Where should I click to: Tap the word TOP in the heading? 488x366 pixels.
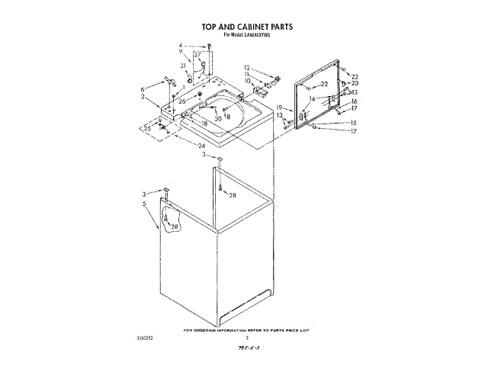coord(210,27)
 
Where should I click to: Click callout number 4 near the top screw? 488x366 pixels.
coord(181,47)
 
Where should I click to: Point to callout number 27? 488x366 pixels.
coord(197,55)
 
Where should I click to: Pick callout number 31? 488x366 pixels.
coord(183,66)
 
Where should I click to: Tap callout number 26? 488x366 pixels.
coord(182,101)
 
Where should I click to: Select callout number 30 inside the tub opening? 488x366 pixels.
coord(218,119)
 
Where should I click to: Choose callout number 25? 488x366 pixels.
coord(147,128)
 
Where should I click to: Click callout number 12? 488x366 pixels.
coord(247,68)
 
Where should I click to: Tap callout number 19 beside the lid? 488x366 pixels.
coord(279,108)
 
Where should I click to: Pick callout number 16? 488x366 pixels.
coord(354,101)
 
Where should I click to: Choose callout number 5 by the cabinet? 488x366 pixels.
coord(144,204)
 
